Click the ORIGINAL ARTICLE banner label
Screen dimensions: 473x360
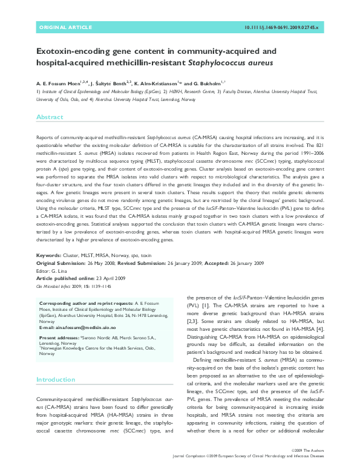[65, 28]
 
